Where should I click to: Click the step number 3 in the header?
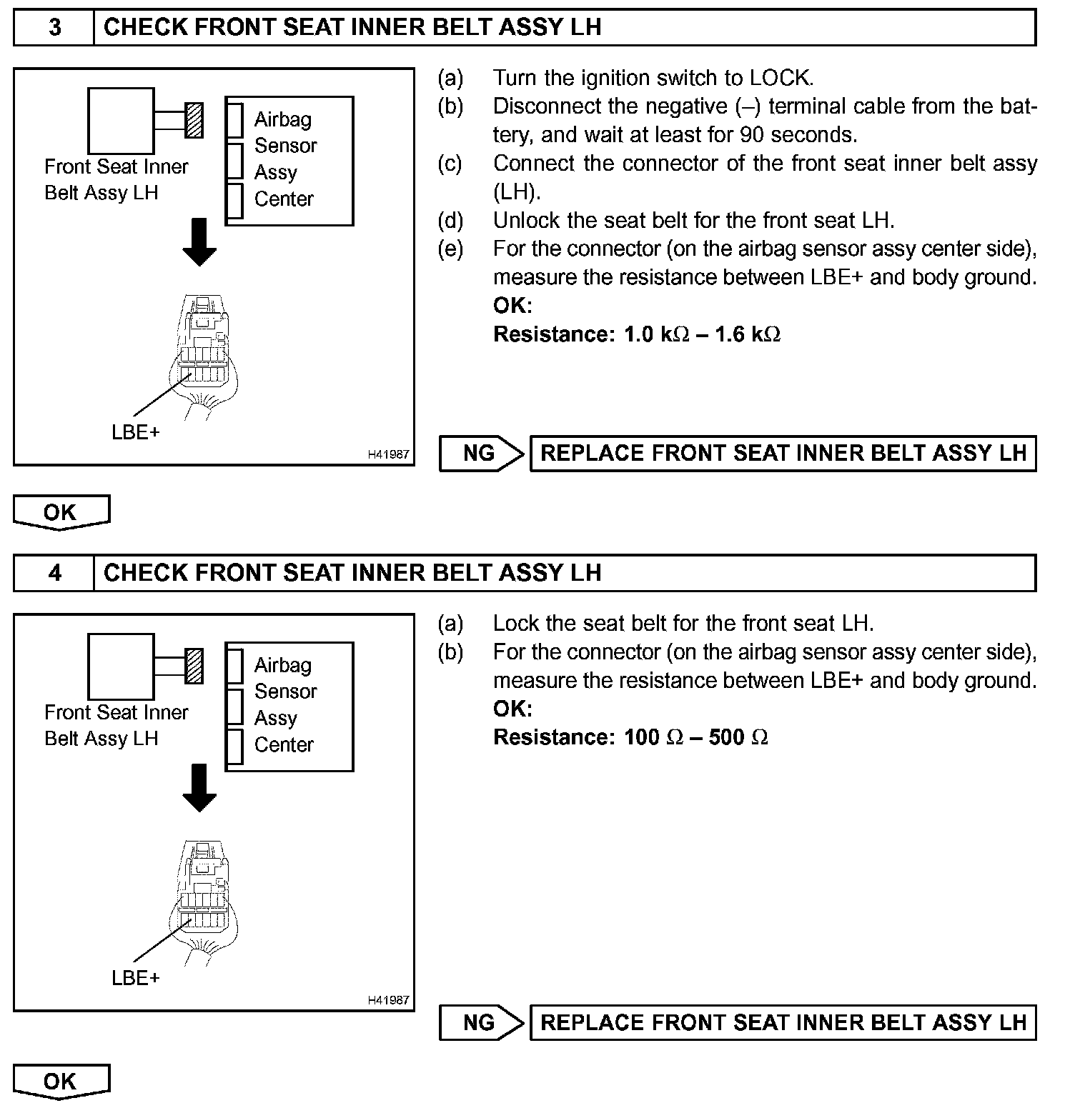point(54,27)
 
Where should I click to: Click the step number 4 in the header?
point(54,573)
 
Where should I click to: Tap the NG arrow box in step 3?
point(481,454)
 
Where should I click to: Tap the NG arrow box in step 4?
point(481,1022)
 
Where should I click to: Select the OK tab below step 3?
point(61,512)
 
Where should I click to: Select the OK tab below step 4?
point(61,1081)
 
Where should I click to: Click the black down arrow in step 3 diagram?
point(199,242)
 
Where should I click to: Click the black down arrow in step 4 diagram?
point(199,788)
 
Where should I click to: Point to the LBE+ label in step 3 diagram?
point(136,432)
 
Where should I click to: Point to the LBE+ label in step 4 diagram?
point(136,978)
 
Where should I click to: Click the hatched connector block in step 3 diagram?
point(194,120)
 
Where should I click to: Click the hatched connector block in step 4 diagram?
point(194,666)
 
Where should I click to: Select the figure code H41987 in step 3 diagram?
point(388,454)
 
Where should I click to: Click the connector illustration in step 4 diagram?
point(203,900)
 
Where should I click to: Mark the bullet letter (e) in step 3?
point(450,249)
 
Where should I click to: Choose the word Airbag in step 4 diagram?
point(283,665)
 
